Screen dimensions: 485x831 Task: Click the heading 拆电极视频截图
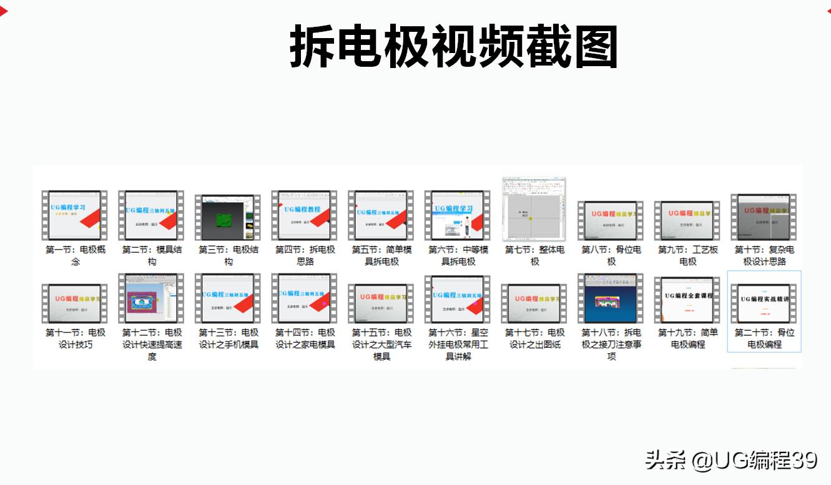pos(454,47)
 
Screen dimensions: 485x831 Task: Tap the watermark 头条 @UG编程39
pos(731,461)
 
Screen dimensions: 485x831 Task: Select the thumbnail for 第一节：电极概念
pos(75,215)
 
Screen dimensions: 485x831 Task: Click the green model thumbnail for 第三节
pos(228,218)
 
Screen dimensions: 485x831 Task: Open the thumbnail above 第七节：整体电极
pos(534,209)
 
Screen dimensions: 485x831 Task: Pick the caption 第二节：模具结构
pos(152,255)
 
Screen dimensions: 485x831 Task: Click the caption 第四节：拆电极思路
pos(305,255)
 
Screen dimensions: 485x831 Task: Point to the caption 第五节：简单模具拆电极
pos(381,255)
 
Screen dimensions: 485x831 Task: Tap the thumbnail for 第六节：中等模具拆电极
pos(458,215)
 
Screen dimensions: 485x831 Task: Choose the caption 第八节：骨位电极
pos(611,255)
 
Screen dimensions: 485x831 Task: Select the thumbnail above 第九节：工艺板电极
pos(687,220)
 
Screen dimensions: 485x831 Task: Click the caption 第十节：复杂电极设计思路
pos(764,255)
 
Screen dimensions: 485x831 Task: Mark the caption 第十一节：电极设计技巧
pos(75,338)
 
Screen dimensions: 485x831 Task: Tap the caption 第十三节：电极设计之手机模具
pos(228,338)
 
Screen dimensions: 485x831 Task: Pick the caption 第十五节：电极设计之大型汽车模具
pos(381,344)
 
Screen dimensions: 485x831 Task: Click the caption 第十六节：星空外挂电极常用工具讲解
pos(458,344)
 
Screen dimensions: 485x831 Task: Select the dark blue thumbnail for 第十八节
pos(611,298)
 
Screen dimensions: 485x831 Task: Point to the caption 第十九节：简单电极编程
pos(687,338)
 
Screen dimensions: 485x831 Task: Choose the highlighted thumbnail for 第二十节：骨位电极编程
pos(764,303)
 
